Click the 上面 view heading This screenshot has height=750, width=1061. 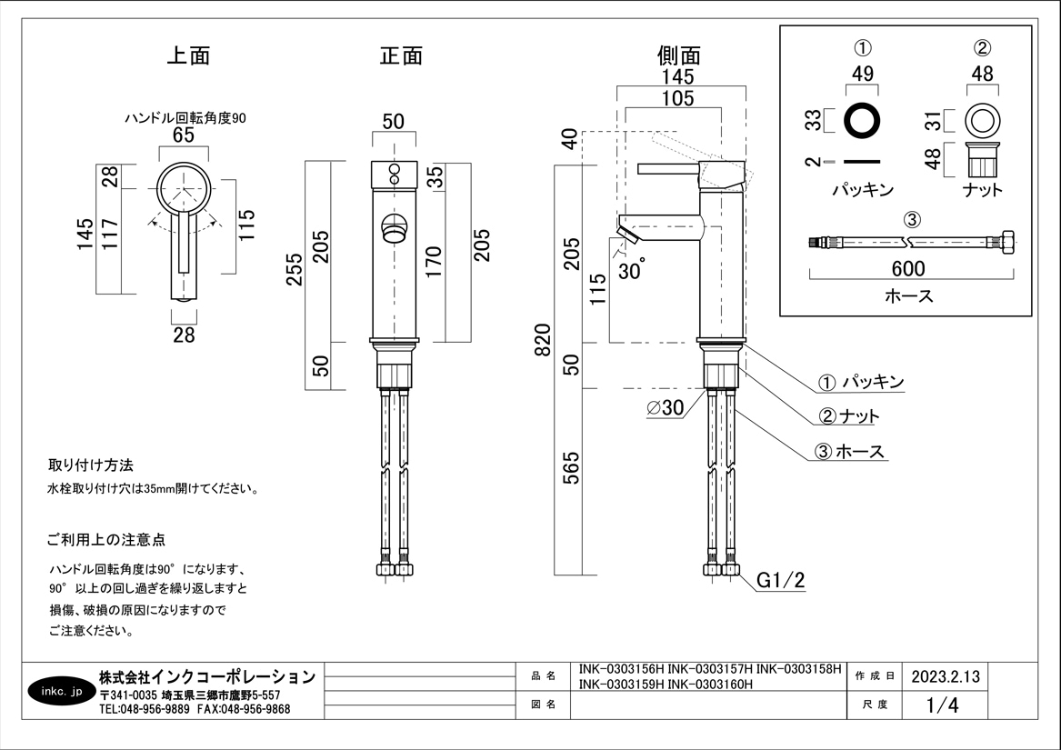coord(188,55)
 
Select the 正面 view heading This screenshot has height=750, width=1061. coord(401,55)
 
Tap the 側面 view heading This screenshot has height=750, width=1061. coord(679,55)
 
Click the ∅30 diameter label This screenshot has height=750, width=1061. coord(665,408)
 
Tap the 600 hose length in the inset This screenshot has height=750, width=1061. coord(907,269)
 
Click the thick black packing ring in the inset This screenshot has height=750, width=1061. coord(863,120)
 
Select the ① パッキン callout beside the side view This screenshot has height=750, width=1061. coord(861,382)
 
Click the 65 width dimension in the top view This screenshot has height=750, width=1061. coord(184,135)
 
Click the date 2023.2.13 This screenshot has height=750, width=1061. coord(946,677)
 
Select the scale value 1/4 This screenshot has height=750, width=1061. coord(942,705)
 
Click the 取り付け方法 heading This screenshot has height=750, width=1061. coord(91,465)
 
